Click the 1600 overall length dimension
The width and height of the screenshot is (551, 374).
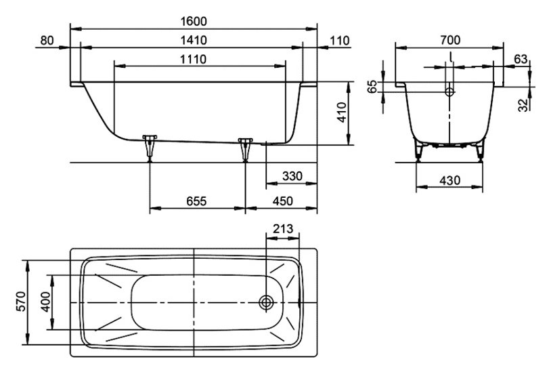(x=194, y=20)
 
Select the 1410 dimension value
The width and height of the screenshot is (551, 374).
(x=194, y=40)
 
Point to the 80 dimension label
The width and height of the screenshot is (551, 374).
(x=47, y=40)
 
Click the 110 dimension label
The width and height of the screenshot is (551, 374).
(x=340, y=40)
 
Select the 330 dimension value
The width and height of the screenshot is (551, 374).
(x=292, y=176)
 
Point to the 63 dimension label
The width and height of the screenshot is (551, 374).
(x=520, y=59)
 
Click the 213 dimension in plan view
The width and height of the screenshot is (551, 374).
(x=284, y=228)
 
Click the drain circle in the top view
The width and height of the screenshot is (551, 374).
(x=266, y=302)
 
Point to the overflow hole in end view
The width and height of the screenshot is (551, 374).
(x=449, y=90)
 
